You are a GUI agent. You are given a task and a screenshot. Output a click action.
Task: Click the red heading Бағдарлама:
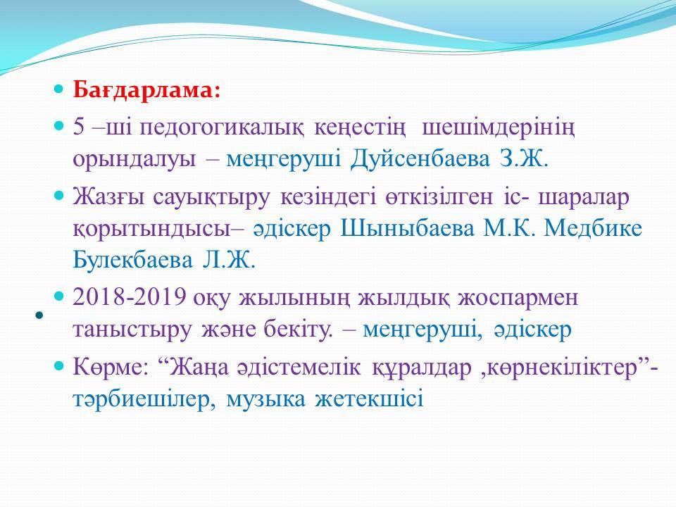click(146, 91)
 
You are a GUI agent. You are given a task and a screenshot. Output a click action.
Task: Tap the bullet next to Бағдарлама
click(58, 89)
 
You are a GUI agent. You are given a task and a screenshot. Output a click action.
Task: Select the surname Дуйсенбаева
click(420, 159)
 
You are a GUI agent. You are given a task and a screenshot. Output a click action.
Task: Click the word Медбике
click(593, 228)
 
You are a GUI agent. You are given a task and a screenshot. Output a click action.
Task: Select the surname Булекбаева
click(133, 260)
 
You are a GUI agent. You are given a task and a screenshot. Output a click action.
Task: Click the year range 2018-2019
click(130, 297)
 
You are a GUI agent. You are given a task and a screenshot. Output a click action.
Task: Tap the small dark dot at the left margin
click(39, 315)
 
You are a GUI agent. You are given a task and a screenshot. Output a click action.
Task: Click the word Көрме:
click(111, 368)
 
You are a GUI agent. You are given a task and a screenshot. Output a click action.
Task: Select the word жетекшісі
click(370, 399)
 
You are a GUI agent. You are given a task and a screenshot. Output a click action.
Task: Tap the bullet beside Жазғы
click(58, 195)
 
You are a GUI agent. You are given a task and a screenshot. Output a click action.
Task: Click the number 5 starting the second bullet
click(78, 127)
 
